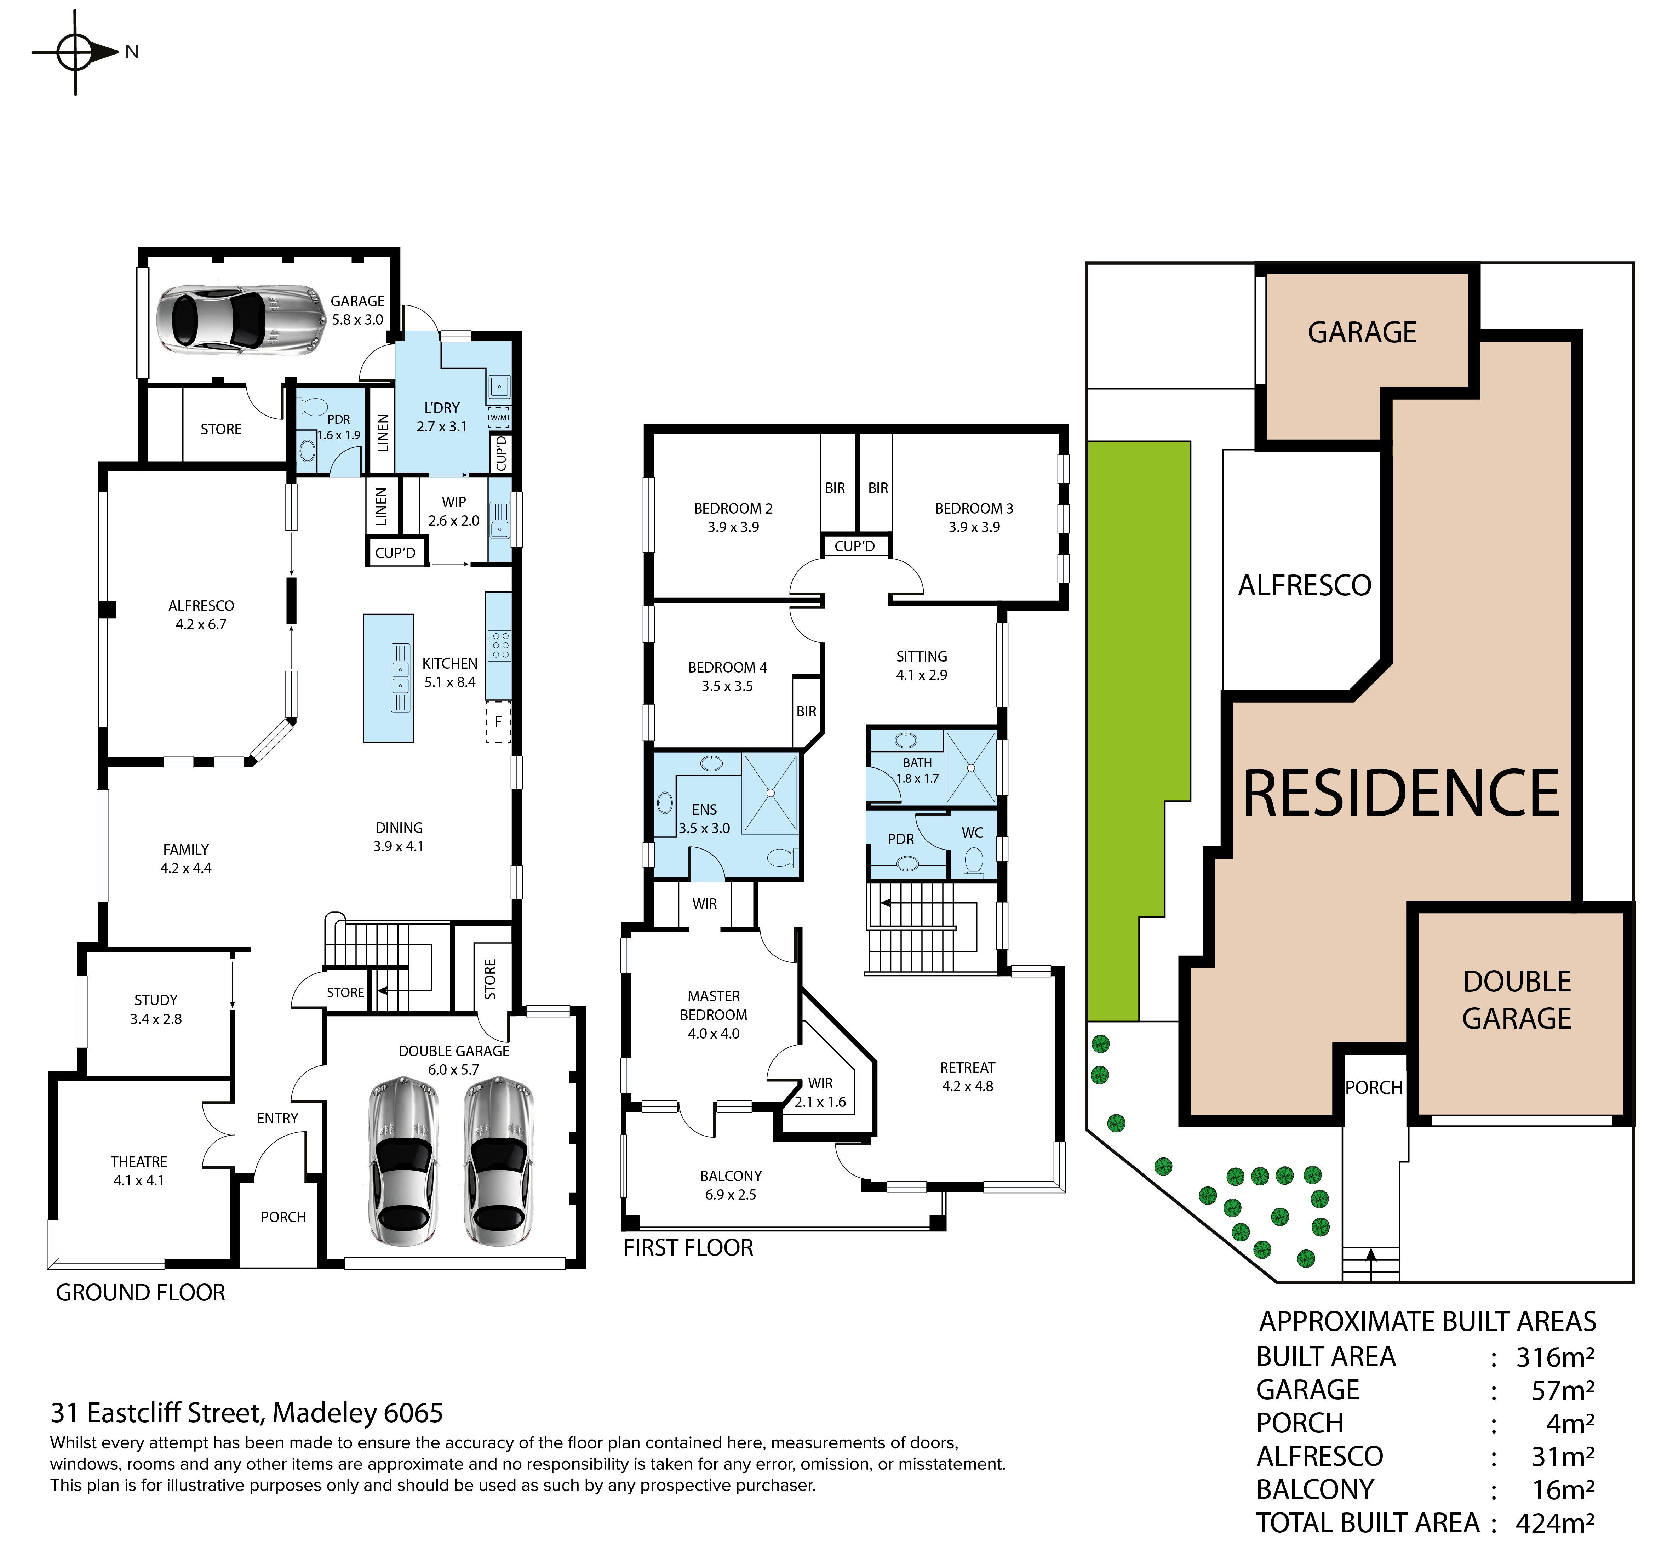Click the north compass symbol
pos(75,52)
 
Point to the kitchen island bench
pos(388,678)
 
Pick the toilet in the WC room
pos(974,862)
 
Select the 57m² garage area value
pos(1563,1391)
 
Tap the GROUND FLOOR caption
pos(141,1293)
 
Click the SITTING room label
pos(922,657)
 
